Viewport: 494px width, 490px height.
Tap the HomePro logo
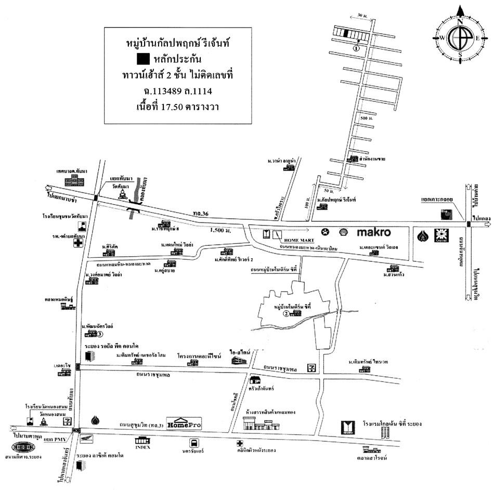click(184, 423)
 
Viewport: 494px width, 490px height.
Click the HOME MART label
click(295, 240)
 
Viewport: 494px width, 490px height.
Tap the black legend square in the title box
click(142, 59)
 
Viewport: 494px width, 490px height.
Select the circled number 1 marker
click(356, 48)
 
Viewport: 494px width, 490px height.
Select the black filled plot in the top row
click(346, 33)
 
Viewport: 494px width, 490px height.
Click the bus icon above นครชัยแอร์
click(194, 444)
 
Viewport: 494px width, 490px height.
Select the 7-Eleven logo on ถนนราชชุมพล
click(311, 368)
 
